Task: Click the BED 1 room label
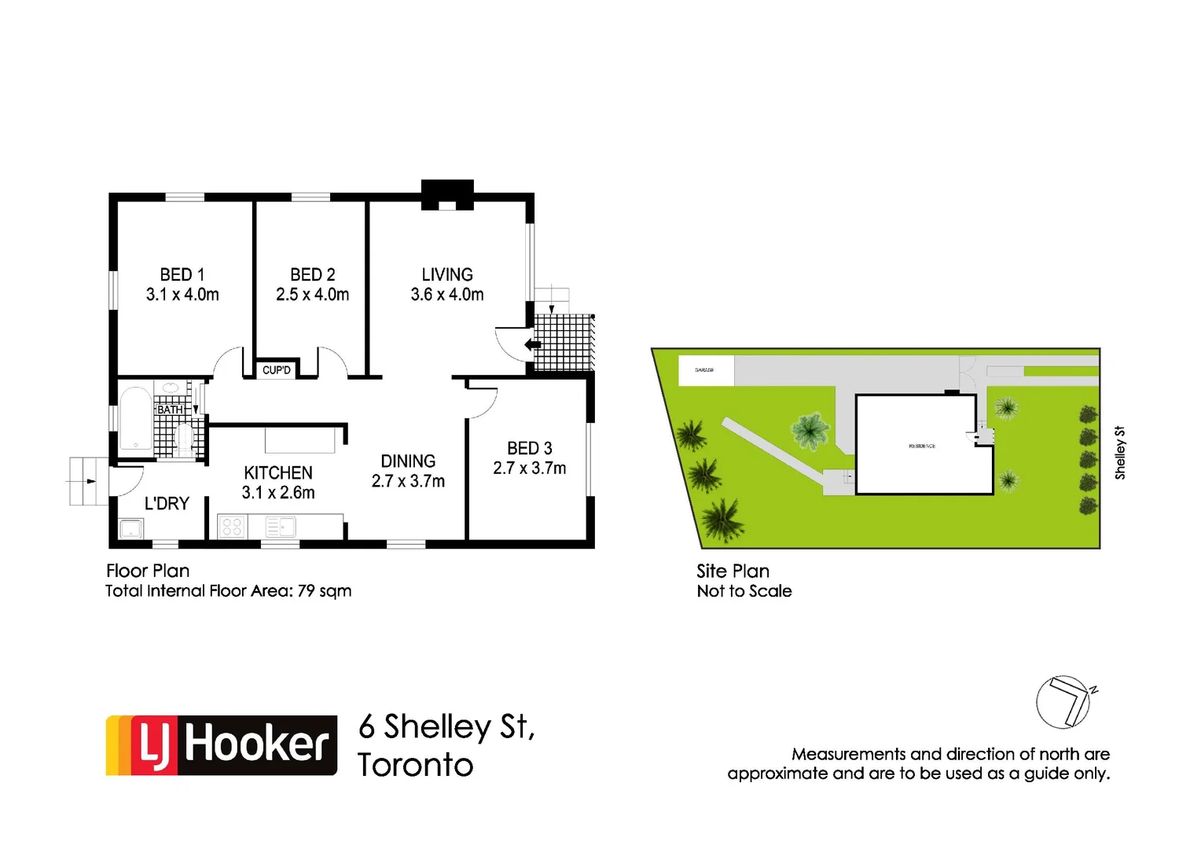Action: (182, 274)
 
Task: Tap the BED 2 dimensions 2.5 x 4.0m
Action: (312, 295)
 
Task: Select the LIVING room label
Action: (447, 274)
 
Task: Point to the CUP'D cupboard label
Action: (277, 370)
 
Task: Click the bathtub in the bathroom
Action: (135, 419)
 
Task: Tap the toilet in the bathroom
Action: (185, 439)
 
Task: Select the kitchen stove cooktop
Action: (232, 526)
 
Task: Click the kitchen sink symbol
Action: (281, 526)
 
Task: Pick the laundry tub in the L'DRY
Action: (130, 528)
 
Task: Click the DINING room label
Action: (408, 461)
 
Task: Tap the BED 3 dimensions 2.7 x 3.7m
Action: (529, 469)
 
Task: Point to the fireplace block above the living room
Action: (447, 194)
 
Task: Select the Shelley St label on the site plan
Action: (1120, 453)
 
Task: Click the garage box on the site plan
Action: (705, 370)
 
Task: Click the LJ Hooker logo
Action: (222, 745)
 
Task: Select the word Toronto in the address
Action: (416, 765)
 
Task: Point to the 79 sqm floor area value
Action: (324, 591)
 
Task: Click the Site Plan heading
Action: (733, 572)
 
